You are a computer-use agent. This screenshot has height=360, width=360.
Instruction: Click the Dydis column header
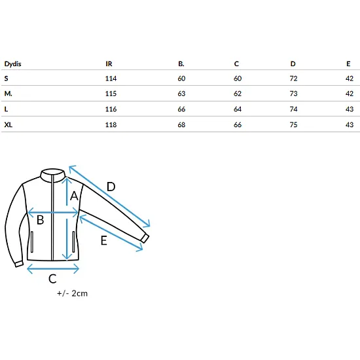point(13,64)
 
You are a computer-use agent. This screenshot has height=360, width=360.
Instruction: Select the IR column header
point(109,64)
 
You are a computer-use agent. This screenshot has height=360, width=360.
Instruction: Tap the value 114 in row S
point(111,79)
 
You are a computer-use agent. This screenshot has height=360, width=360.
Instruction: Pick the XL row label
point(9,124)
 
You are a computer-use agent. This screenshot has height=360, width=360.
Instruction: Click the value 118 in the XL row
point(111,124)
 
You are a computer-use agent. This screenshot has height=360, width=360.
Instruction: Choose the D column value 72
point(293,79)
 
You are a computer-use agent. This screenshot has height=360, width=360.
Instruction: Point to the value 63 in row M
point(181,94)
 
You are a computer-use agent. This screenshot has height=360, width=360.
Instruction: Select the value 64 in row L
point(238,109)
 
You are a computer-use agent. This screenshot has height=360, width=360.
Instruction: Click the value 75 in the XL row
point(293,124)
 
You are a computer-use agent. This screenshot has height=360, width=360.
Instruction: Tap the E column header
point(348,64)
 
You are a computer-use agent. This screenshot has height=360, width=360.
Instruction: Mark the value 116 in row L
point(111,109)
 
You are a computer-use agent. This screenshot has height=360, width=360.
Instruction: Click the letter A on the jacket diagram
point(74,196)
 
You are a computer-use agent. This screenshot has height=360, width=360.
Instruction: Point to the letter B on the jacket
point(40,220)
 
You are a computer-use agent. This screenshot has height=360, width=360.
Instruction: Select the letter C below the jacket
point(52,279)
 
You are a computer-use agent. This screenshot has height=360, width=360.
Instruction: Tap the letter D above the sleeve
point(111,187)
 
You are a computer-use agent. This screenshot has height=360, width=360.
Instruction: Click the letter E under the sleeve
point(104,241)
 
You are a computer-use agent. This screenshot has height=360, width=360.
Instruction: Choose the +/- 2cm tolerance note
point(72,293)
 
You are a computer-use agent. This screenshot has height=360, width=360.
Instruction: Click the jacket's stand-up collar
point(53,175)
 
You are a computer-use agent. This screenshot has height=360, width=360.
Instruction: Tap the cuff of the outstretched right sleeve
point(145,238)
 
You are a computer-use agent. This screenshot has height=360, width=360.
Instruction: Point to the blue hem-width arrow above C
point(53,268)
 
